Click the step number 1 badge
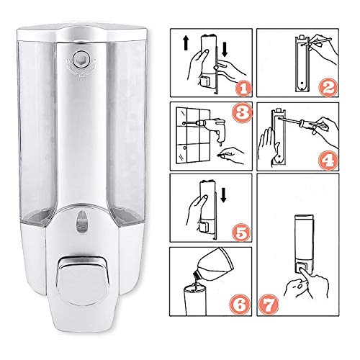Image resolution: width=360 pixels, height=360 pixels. coord(243,89)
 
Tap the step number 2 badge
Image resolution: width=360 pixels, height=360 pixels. coord(328,88)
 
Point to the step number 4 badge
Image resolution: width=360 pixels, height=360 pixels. coord(328,161)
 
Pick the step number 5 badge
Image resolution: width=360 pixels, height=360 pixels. coord(241,232)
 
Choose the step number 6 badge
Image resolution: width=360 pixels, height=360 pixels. coord(240,304)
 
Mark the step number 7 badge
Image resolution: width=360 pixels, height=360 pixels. coord(269,305)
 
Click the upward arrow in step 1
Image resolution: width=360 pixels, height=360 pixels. coord(186,43)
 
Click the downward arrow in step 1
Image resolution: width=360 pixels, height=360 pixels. coord(225,50)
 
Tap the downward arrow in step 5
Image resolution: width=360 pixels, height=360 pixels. coord(223,195)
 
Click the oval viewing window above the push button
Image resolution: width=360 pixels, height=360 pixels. coord(82,222)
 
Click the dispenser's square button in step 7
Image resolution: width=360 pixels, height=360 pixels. coord(302,268)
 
